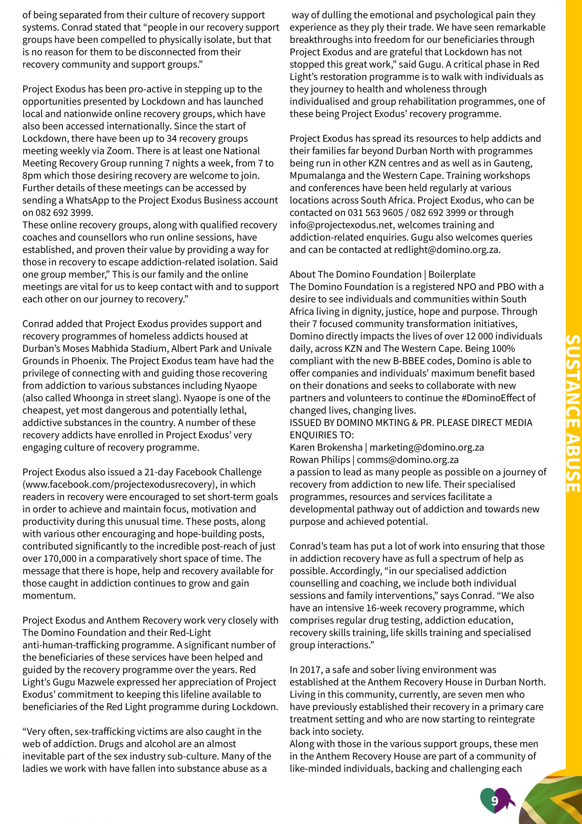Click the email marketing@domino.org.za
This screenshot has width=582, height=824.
click(x=426, y=447)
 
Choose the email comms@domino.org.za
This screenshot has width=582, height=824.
click(x=407, y=460)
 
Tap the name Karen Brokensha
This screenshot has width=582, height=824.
click(x=326, y=447)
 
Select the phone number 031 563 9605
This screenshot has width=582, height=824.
click(x=375, y=213)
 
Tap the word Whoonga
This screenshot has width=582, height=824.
click(x=94, y=398)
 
